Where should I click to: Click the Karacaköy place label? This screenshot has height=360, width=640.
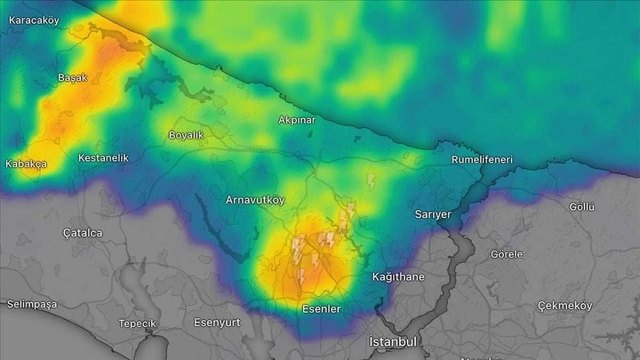coord(34,20)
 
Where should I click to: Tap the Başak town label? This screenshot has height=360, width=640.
coord(72,78)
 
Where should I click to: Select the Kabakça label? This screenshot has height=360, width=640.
coord(26,164)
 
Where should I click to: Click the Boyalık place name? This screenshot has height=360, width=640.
coord(186,135)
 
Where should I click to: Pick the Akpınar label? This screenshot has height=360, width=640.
coord(297,120)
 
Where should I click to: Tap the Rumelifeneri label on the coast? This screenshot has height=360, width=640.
coord(482,159)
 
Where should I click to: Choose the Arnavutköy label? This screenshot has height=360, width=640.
coord(255,200)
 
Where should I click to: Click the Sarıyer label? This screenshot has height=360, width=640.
coord(433,214)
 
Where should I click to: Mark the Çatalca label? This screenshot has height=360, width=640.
coord(83,233)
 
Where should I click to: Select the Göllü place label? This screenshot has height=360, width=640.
coord(581,207)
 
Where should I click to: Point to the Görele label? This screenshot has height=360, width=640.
coord(507,254)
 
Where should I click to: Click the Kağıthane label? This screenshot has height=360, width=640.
coord(398,277)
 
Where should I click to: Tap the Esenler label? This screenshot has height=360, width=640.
coord(321,309)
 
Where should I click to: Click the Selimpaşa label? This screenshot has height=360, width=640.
coord(32,304)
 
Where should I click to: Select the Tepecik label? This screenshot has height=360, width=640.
coord(137,323)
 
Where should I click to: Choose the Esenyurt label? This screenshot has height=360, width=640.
coord(217,322)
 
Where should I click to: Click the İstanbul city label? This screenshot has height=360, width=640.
coord(394,341)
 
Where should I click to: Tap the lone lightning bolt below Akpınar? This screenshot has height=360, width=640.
coord(371,181)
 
